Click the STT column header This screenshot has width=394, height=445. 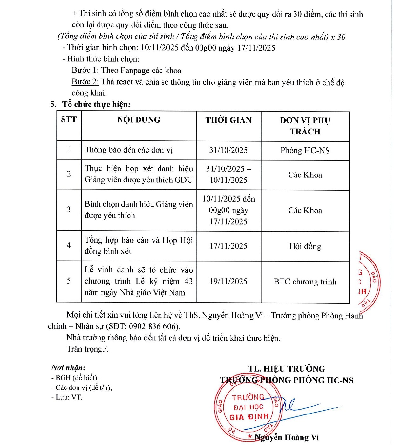69,120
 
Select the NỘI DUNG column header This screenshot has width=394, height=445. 139,120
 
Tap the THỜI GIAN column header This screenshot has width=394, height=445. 228,120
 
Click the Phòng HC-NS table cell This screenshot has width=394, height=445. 305,150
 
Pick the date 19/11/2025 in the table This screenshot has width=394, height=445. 228,282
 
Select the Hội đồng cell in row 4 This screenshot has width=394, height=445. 305,246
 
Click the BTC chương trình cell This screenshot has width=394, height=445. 305,282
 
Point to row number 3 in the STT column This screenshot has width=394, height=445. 69,209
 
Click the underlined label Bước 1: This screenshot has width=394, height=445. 85,70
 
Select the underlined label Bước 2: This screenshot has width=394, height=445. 85,82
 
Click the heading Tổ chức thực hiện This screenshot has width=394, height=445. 96,104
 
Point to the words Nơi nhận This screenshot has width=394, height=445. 68,368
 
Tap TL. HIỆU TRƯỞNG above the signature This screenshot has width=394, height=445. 286,369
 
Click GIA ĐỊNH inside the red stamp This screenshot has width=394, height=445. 249,417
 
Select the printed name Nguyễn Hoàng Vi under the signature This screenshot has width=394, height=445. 287,438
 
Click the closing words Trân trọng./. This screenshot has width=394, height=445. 88,349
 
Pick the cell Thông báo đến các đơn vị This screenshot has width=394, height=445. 129,150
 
